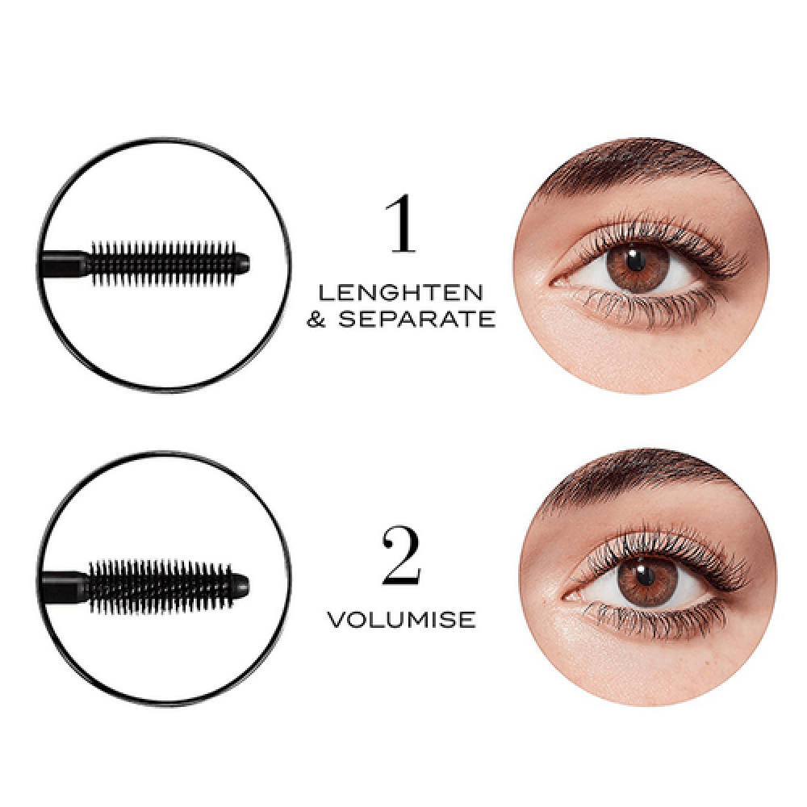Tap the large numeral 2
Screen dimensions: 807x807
(x=401, y=555)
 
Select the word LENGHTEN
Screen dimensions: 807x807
(x=401, y=293)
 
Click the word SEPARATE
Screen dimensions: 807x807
(x=416, y=319)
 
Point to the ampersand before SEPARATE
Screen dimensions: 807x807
(x=316, y=319)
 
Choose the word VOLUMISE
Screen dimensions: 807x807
(x=401, y=620)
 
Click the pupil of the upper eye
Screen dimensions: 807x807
(x=636, y=261)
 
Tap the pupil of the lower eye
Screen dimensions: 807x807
(x=644, y=575)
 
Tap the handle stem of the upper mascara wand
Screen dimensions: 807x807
(x=65, y=264)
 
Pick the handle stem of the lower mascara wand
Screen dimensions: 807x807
(x=65, y=586)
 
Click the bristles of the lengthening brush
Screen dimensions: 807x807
(x=163, y=264)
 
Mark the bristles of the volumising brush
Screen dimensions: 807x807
(x=161, y=586)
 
